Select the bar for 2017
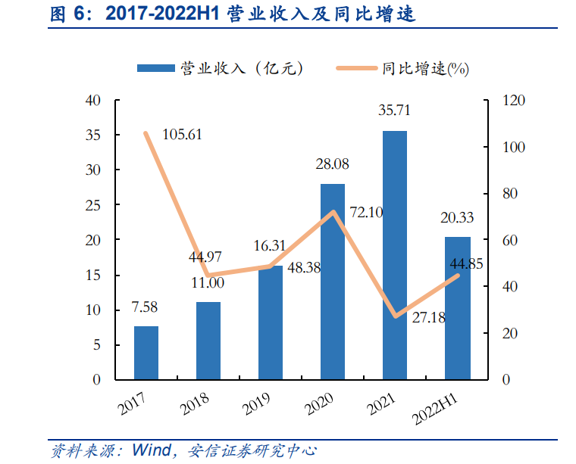click(146, 353)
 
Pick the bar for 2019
click(271, 322)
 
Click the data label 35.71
click(394, 111)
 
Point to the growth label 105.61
click(183, 135)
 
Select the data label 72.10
click(366, 212)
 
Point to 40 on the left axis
click(93, 101)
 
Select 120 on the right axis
click(512, 101)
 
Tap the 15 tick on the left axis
click(93, 276)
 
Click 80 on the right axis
click(510, 194)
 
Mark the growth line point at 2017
click(146, 133)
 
